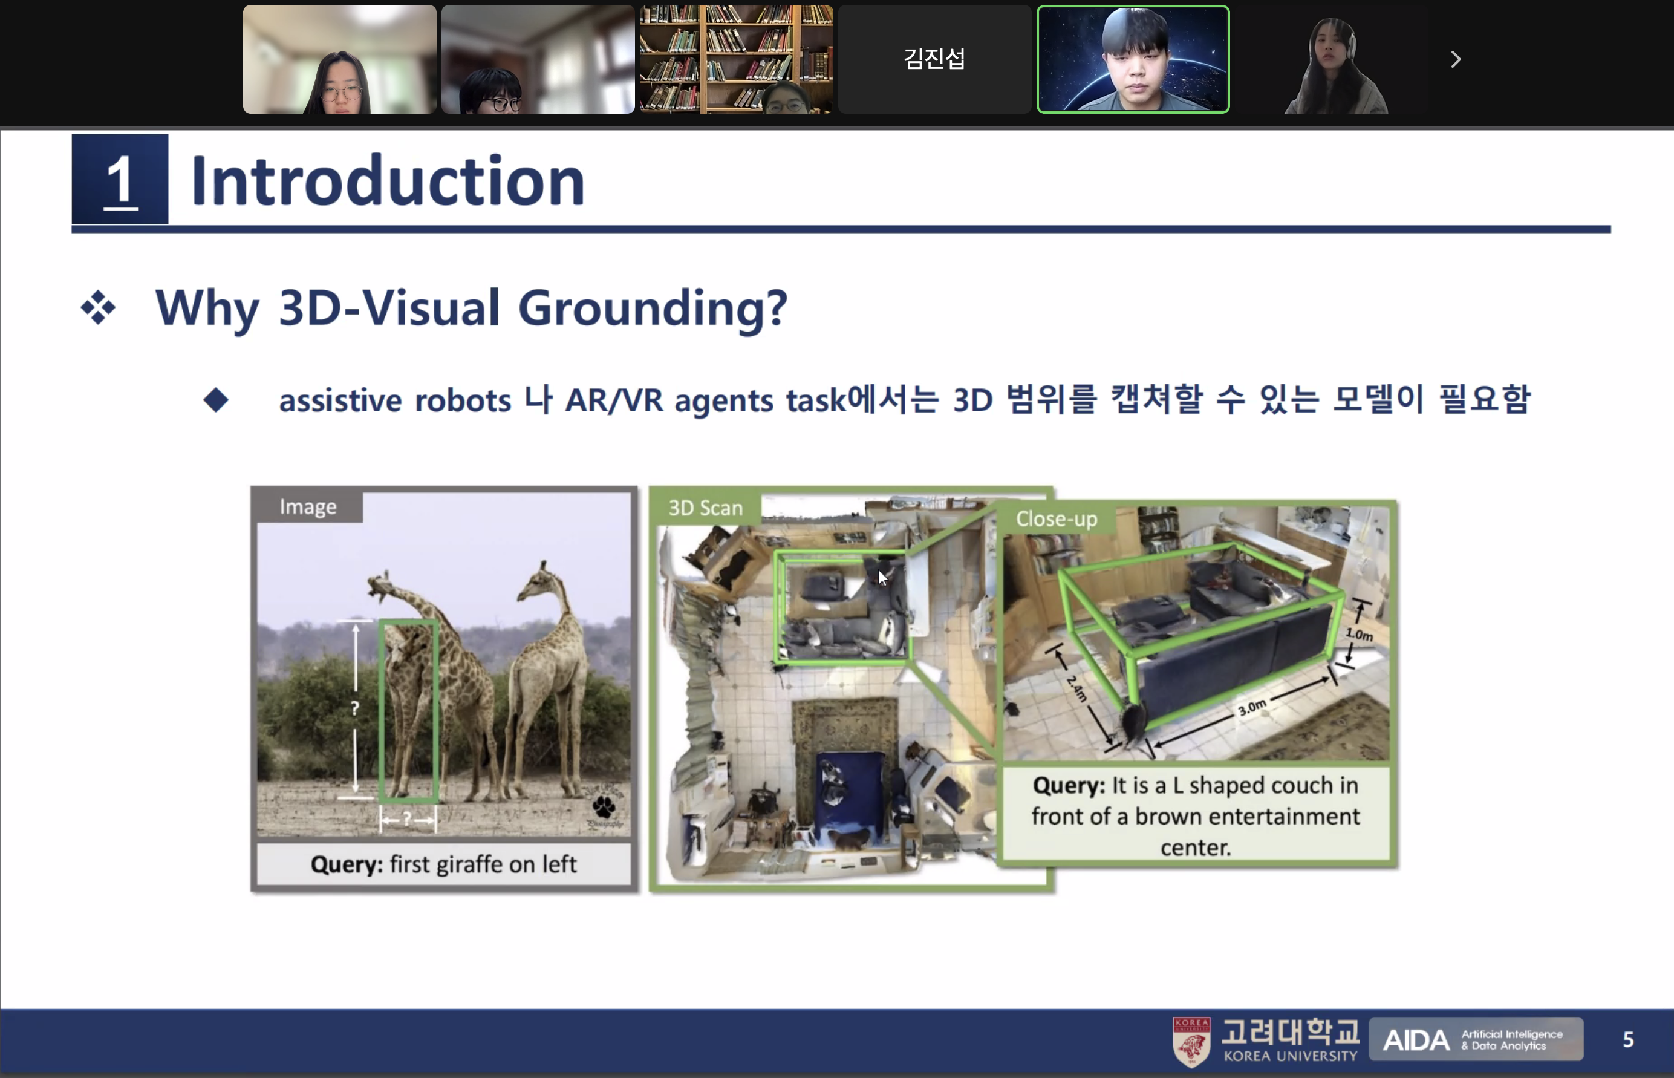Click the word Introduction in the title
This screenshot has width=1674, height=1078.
[x=387, y=181]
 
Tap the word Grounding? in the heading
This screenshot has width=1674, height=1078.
[x=653, y=307]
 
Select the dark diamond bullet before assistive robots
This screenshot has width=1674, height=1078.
[x=215, y=400]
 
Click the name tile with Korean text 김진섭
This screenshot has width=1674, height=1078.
[x=934, y=59]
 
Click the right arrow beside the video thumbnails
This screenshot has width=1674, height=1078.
[x=1456, y=59]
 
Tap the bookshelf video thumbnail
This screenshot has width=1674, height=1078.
[x=735, y=59]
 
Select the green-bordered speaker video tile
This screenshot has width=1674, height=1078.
[x=1132, y=59]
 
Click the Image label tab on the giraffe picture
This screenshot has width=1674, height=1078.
[x=308, y=507]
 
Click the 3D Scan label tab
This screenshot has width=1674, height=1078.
[x=705, y=508]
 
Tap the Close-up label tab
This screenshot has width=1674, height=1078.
[x=1056, y=518]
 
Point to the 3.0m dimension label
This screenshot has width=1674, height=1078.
[x=1252, y=707]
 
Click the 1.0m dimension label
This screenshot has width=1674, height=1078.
[x=1359, y=634]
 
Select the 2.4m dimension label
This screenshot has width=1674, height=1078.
[x=1077, y=688]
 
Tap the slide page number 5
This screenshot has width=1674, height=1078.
[x=1628, y=1039]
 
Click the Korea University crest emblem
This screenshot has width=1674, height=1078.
[x=1191, y=1042]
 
